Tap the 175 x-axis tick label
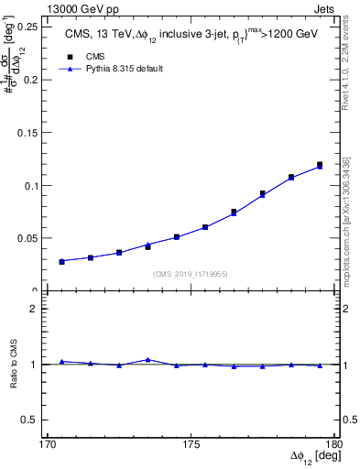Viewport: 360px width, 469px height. [x=191, y=444]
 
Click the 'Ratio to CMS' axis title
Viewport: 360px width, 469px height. [x=15, y=365]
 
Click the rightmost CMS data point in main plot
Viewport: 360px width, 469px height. [x=320, y=165]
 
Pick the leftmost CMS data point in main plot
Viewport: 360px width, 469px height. [x=62, y=262]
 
